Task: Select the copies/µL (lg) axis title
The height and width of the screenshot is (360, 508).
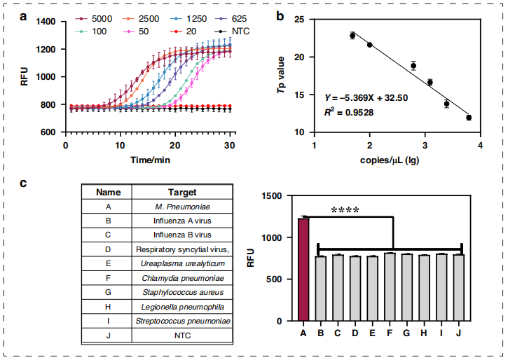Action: (397, 161)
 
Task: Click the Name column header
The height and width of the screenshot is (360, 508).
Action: (109, 191)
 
